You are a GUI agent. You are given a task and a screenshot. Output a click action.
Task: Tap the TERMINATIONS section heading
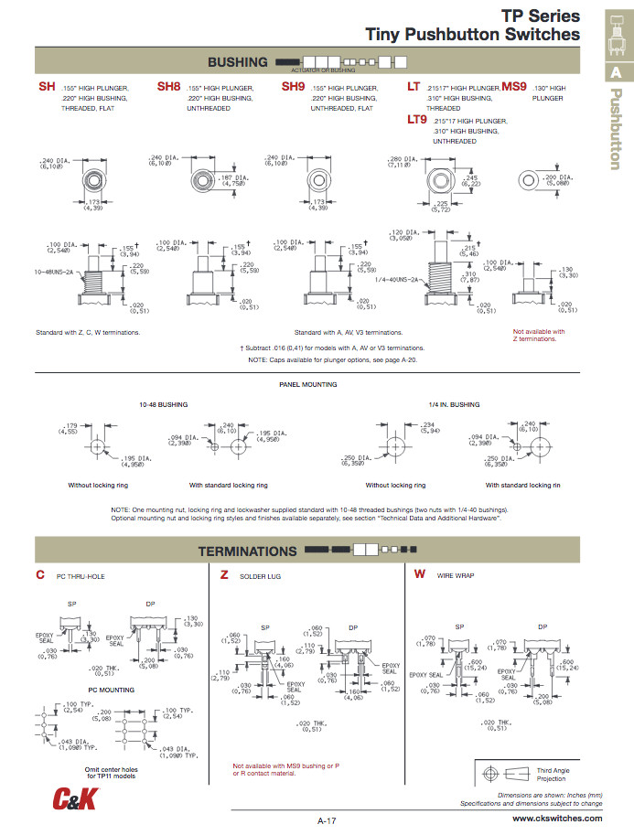coord(247,551)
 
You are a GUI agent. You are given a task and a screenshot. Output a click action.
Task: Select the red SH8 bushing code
coord(168,87)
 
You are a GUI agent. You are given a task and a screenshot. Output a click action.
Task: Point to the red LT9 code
coord(417,119)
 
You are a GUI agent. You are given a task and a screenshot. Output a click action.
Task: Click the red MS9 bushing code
coord(514,87)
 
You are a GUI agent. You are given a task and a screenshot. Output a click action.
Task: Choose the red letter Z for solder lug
coord(224,574)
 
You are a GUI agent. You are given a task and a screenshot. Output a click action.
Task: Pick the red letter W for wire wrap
coord(419,574)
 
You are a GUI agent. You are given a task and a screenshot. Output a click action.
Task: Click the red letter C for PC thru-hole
coord(40,574)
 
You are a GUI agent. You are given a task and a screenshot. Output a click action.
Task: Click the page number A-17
coord(328,820)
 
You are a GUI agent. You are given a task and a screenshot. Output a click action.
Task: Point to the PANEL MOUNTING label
coord(307,384)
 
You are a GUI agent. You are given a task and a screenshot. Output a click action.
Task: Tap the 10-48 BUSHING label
coord(163,403)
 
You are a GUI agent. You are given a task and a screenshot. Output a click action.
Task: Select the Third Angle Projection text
coord(552,775)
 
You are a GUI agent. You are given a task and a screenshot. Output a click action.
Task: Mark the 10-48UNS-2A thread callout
coord(55,272)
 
